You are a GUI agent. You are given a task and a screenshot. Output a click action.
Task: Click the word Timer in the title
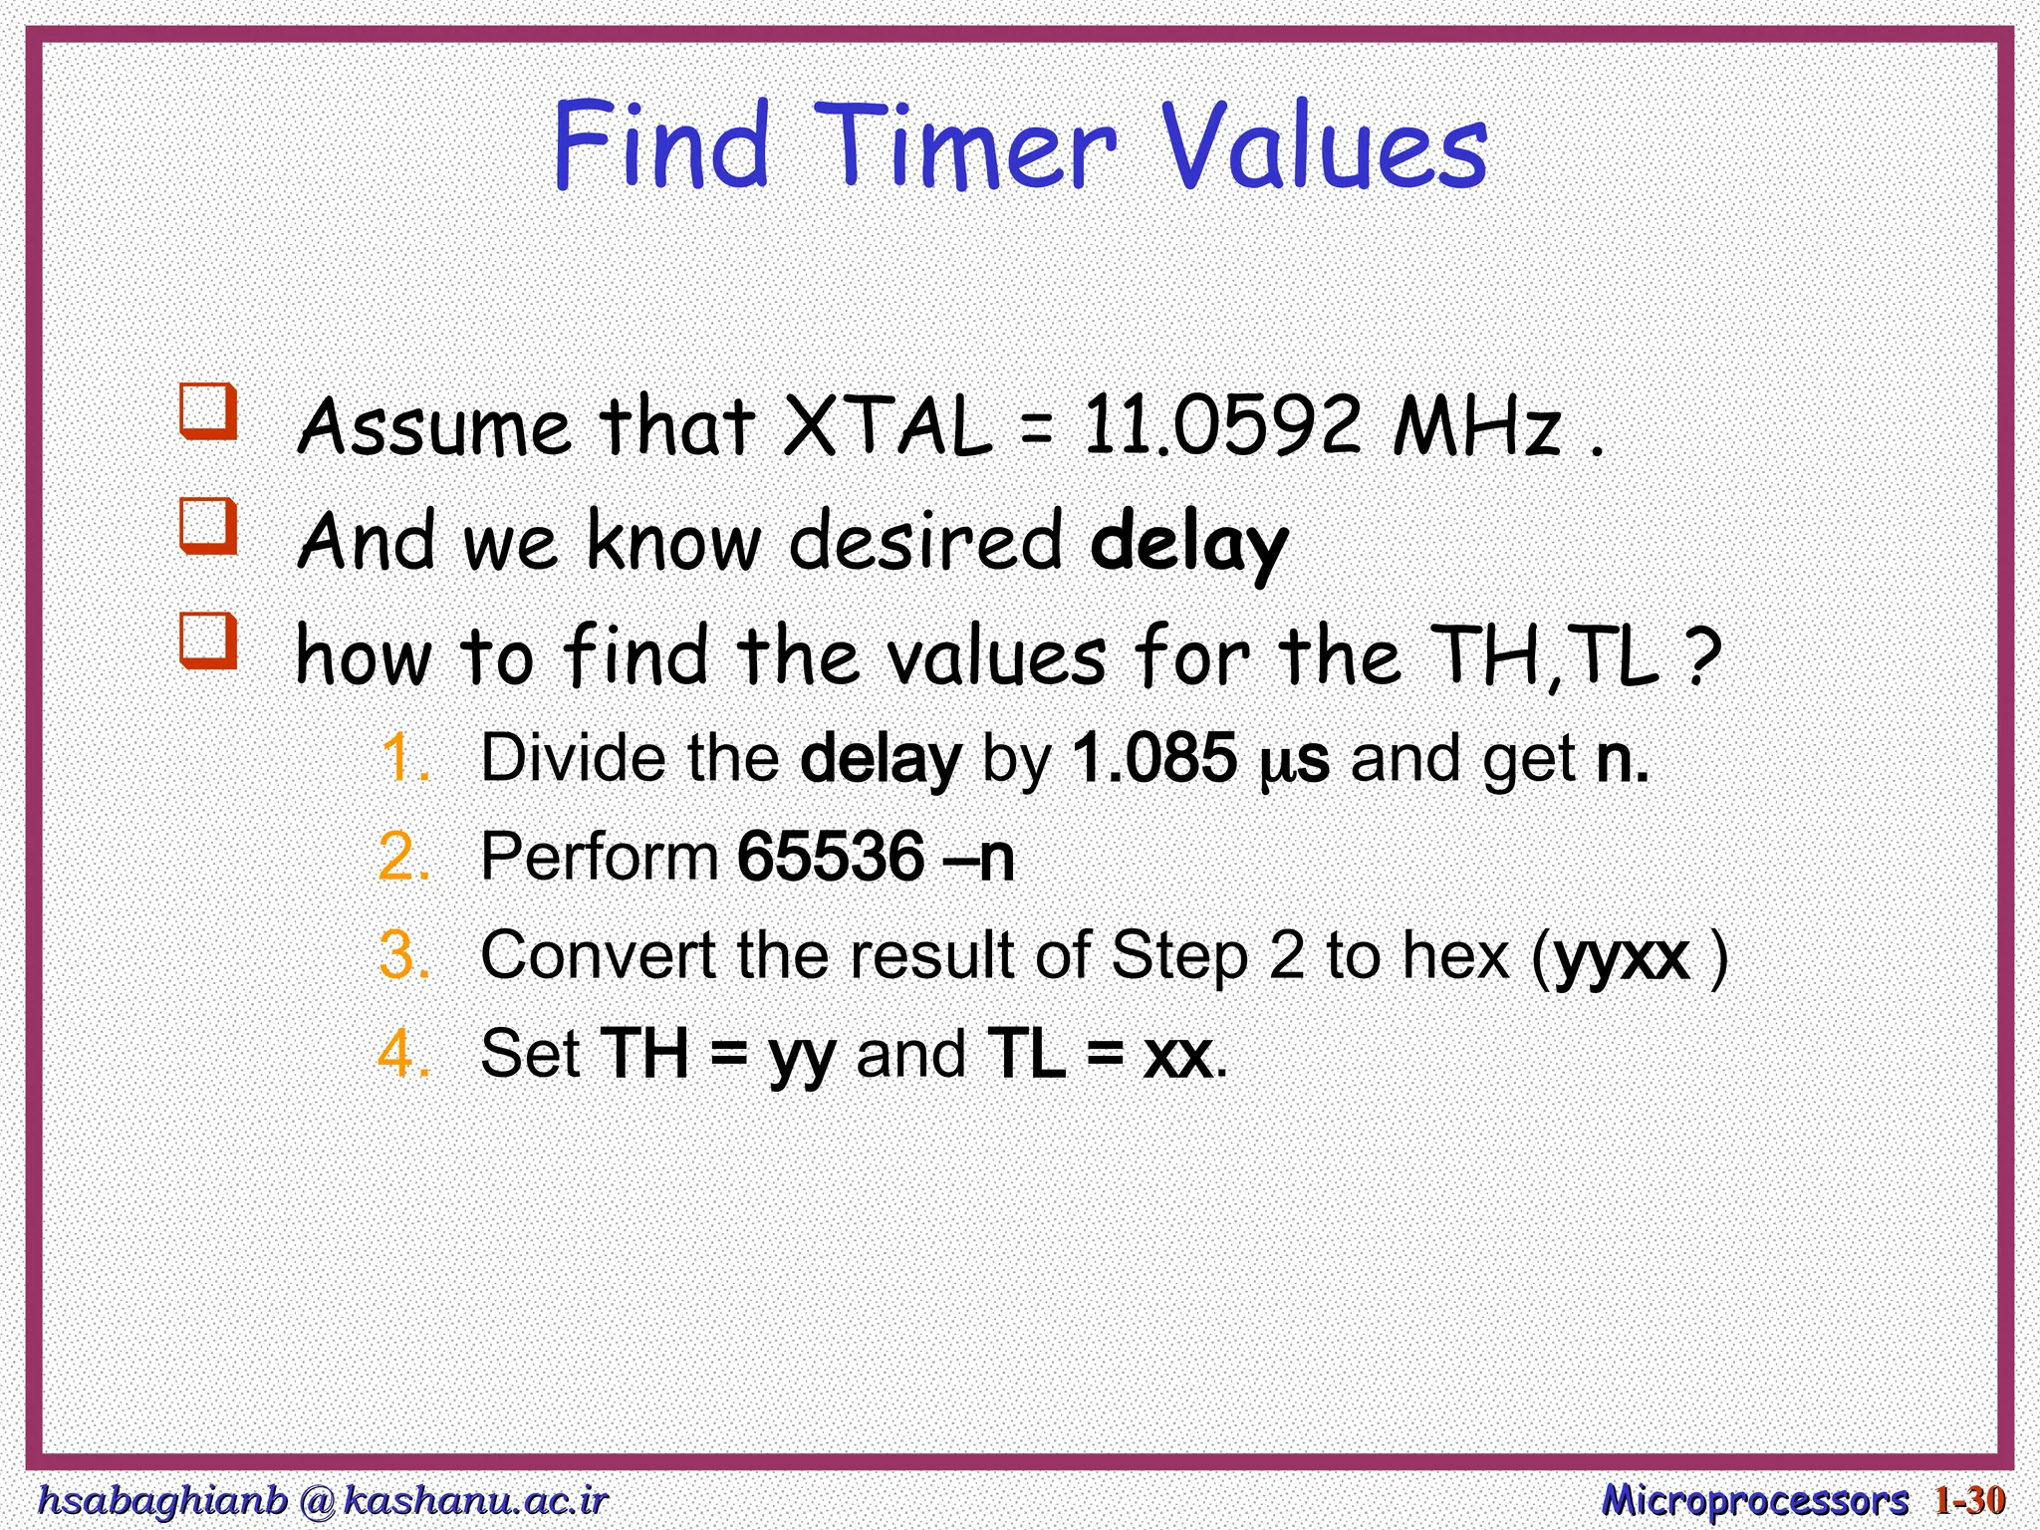971,147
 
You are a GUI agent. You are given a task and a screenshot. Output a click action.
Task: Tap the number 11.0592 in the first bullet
1221,426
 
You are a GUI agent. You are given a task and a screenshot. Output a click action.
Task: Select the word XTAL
889,426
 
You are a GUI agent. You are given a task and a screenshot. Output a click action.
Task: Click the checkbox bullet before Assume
208,411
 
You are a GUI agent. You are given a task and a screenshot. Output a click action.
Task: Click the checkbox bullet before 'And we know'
208,526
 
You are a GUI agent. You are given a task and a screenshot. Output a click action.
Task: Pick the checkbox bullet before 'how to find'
208,640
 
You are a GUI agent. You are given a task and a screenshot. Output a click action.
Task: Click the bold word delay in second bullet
1188,543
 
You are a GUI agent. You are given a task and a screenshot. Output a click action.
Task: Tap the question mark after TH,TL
1704,655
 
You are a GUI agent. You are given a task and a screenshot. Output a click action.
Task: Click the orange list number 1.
404,759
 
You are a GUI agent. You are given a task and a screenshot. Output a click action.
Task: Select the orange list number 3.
404,955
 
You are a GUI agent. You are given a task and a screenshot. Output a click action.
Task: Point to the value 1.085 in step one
1154,759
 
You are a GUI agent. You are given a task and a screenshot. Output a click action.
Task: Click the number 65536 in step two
831,857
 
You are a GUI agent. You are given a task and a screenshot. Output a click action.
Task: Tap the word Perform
599,857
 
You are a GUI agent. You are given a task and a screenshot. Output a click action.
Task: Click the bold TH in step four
644,1054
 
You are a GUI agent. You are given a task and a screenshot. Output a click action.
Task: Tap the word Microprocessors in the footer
1754,1500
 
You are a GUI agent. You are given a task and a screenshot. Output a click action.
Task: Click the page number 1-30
1969,1500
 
